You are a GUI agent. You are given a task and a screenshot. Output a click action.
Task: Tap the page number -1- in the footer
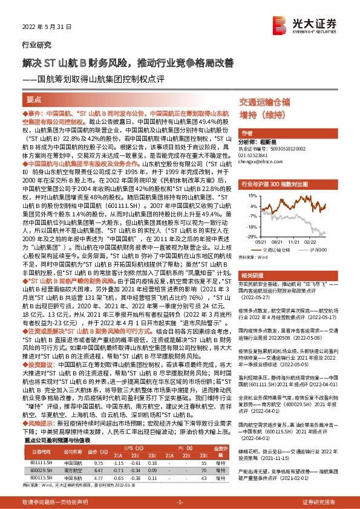point(180,502)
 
